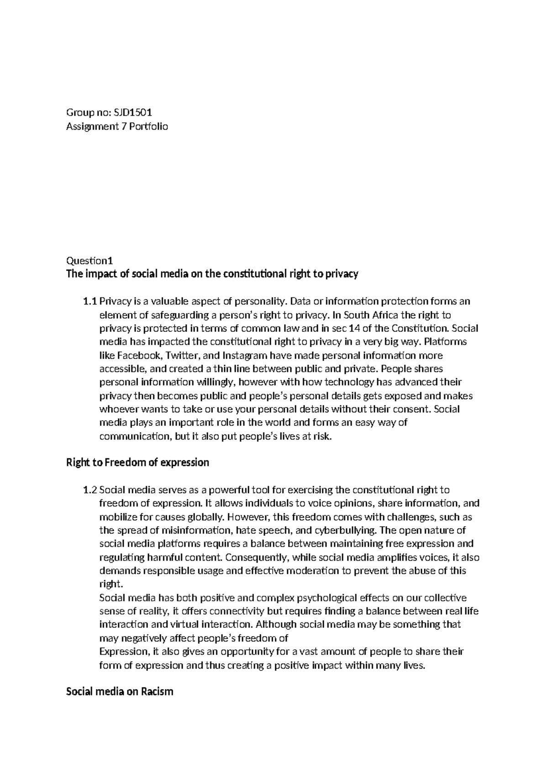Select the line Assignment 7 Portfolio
(117, 126)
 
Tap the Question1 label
(89, 261)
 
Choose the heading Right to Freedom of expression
(137, 463)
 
